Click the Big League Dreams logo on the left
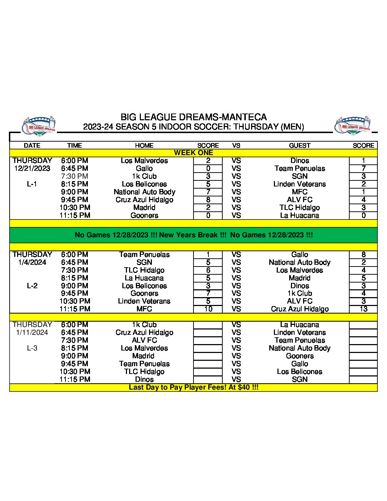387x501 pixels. coord(39,126)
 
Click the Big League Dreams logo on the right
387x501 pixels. coord(353,126)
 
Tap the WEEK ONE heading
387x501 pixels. coord(193,153)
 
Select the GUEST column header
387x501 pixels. coord(299,145)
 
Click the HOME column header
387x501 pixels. coord(144,145)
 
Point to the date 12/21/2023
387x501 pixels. coord(32,168)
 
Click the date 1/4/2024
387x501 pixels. coord(32,262)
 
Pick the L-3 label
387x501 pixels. coord(32,348)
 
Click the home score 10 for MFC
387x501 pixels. coord(208,309)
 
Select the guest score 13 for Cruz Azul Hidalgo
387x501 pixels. coord(363,309)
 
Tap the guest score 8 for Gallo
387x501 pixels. coord(363,254)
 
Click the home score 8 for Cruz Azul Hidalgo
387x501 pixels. coord(208,200)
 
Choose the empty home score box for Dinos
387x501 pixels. coord(208,379)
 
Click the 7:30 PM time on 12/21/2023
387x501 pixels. coord(74,176)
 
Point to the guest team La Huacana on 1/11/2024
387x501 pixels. coord(299,325)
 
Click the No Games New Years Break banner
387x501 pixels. coord(193,235)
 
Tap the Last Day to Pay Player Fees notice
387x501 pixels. coord(193,387)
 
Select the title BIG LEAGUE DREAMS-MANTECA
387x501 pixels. coord(193,117)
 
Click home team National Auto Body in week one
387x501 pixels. coord(144,192)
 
